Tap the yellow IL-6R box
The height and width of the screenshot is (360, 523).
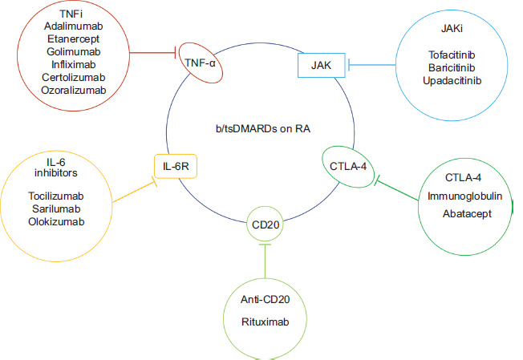click(176, 167)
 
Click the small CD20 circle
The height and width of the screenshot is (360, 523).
click(265, 224)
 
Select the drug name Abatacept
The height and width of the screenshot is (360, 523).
click(466, 214)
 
